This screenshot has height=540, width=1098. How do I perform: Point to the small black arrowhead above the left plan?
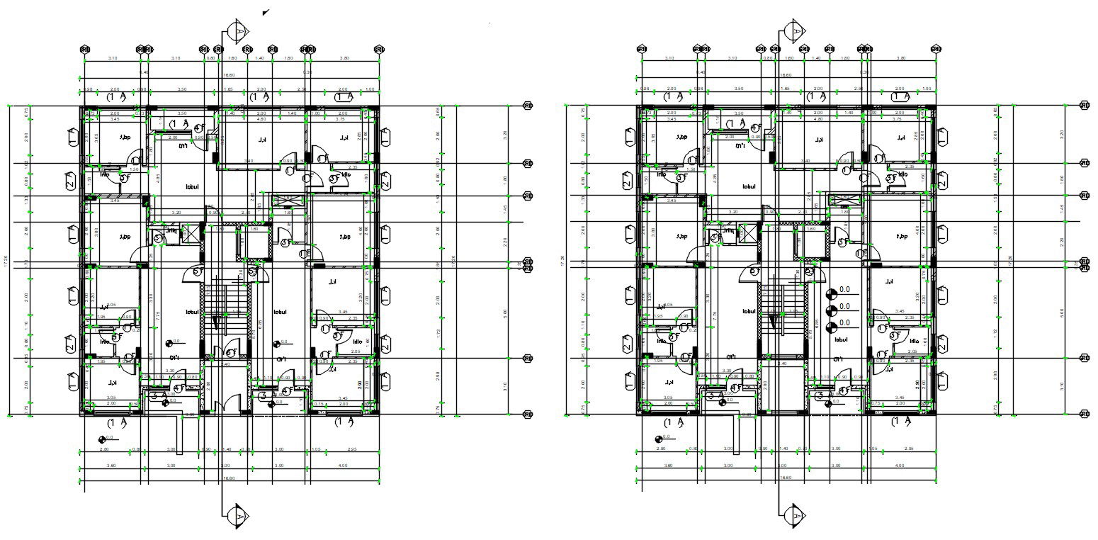click(265, 12)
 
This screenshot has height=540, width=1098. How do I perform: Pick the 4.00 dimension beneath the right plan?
click(900, 466)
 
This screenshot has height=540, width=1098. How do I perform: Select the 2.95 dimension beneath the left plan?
click(351, 449)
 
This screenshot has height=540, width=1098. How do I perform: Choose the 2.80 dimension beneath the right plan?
click(660, 449)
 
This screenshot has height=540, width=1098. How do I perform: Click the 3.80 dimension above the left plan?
click(344, 58)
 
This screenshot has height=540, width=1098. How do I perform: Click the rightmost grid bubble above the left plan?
click(380, 50)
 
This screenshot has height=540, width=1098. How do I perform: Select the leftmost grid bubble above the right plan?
click(641, 50)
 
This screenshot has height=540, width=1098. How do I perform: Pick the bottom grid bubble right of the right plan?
click(1084, 414)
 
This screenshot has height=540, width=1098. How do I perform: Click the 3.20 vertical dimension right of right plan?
click(1021, 133)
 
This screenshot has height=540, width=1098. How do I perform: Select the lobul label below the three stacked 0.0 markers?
click(842, 340)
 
